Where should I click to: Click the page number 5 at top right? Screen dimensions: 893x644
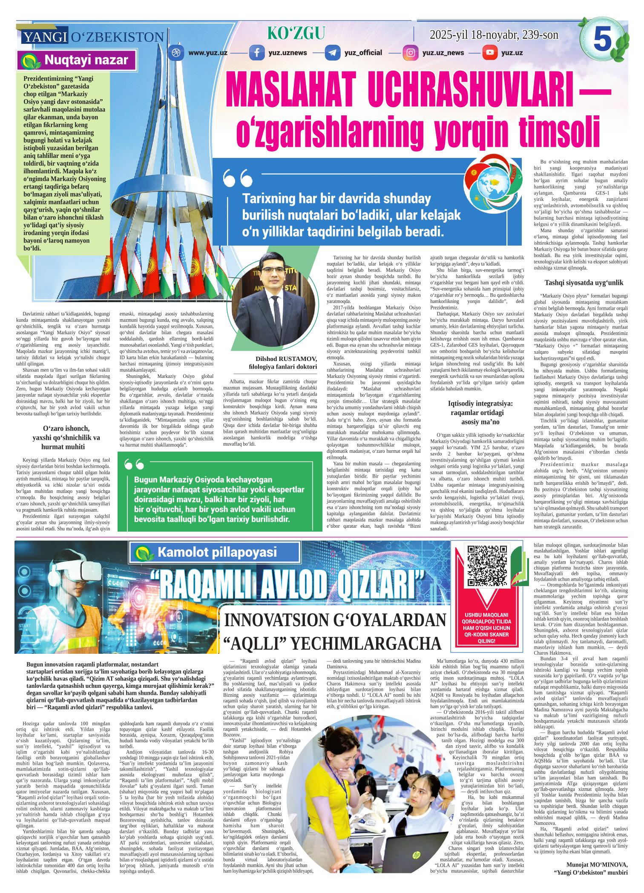point(602,40)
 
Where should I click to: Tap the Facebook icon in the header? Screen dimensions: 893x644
point(256,53)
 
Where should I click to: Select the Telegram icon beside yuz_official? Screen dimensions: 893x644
point(332,53)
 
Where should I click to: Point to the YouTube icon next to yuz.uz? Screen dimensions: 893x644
point(490,53)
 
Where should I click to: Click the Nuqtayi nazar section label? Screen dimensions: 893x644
point(78,60)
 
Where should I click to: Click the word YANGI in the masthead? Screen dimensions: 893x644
point(45,37)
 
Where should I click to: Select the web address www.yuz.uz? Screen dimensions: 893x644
point(207,53)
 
